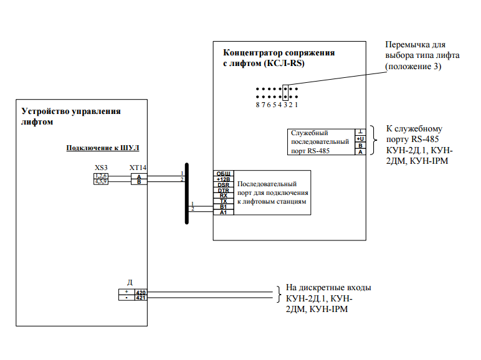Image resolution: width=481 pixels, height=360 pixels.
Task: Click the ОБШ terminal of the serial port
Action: (x=223, y=173)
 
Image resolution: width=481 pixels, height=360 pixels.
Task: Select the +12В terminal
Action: (x=223, y=179)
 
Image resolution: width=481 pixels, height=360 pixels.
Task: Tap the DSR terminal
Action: (x=223, y=184)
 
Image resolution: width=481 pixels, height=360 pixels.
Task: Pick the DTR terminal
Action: (x=223, y=190)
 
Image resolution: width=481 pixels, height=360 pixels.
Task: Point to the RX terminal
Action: (x=223, y=196)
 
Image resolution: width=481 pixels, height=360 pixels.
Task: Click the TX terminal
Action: (x=223, y=201)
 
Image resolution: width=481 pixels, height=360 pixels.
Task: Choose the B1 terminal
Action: (x=223, y=207)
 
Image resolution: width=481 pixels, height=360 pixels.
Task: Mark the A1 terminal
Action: (x=223, y=212)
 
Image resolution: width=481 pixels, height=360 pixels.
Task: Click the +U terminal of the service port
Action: (x=360, y=138)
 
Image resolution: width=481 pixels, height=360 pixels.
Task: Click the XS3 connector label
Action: (x=101, y=168)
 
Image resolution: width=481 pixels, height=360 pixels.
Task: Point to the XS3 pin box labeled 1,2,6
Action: (x=101, y=176)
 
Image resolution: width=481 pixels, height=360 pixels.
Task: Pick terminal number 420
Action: (x=140, y=291)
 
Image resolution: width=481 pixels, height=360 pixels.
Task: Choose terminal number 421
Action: (x=140, y=298)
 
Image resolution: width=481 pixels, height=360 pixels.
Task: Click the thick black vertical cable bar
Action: (x=186, y=193)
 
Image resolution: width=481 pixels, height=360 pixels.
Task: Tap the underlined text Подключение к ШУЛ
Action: (x=103, y=148)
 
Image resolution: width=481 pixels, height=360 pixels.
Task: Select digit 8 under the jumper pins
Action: (x=257, y=105)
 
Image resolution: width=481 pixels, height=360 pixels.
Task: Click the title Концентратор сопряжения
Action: (x=279, y=53)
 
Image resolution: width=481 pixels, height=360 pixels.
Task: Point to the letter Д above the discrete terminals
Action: (x=130, y=282)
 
